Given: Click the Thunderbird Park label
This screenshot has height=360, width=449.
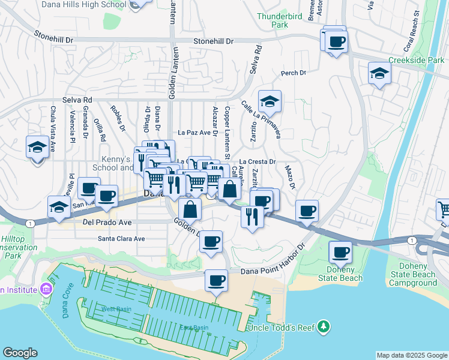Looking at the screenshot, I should pyautogui.click(x=272, y=21).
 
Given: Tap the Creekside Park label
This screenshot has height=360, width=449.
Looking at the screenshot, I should pyautogui.click(x=416, y=60).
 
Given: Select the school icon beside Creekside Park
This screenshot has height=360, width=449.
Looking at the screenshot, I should pyautogui.click(x=379, y=74).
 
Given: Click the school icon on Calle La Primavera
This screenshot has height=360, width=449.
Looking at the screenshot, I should pyautogui.click(x=270, y=102).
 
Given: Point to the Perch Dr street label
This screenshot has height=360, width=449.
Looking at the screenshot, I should pyautogui.click(x=294, y=73).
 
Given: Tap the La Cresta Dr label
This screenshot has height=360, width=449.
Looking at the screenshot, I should pyautogui.click(x=257, y=162).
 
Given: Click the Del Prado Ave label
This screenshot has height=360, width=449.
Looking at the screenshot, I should pyautogui.click(x=107, y=221).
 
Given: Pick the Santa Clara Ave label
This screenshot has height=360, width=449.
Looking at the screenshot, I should pyautogui.click(x=121, y=238).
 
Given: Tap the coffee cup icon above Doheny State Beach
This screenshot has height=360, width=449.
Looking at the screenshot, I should pyautogui.click(x=341, y=252).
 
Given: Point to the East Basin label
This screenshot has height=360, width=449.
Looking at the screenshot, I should pyautogui.click(x=194, y=327).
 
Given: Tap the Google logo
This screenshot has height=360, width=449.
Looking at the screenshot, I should pyautogui.click(x=20, y=353).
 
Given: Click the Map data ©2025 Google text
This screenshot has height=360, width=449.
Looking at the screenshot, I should pyautogui.click(x=411, y=355).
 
